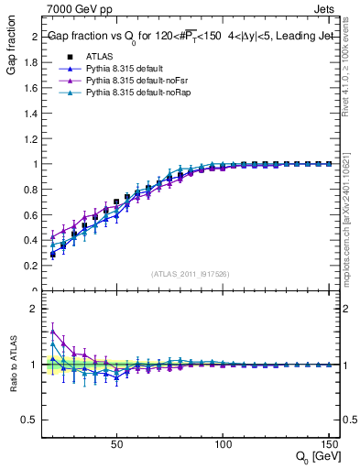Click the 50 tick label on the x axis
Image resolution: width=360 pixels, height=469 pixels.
coord(116,444)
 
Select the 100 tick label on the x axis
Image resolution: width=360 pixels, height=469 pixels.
coord(223,444)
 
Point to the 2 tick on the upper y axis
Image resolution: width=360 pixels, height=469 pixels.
coord(34,38)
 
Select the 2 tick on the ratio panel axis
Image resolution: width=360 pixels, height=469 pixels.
coord(34,309)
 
